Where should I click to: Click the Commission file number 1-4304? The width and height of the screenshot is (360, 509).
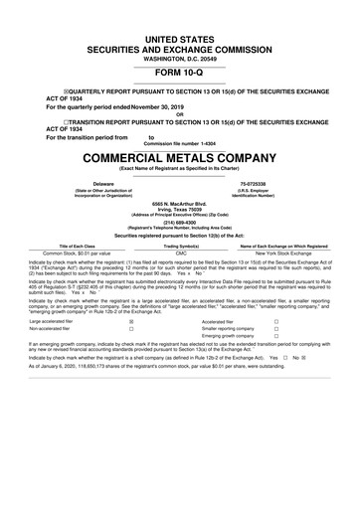pyautogui.click(x=179, y=143)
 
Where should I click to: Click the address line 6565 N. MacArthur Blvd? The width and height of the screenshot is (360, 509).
pyautogui.click(x=179, y=203)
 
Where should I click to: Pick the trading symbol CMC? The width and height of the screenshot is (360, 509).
pyautogui.click(x=181, y=254)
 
